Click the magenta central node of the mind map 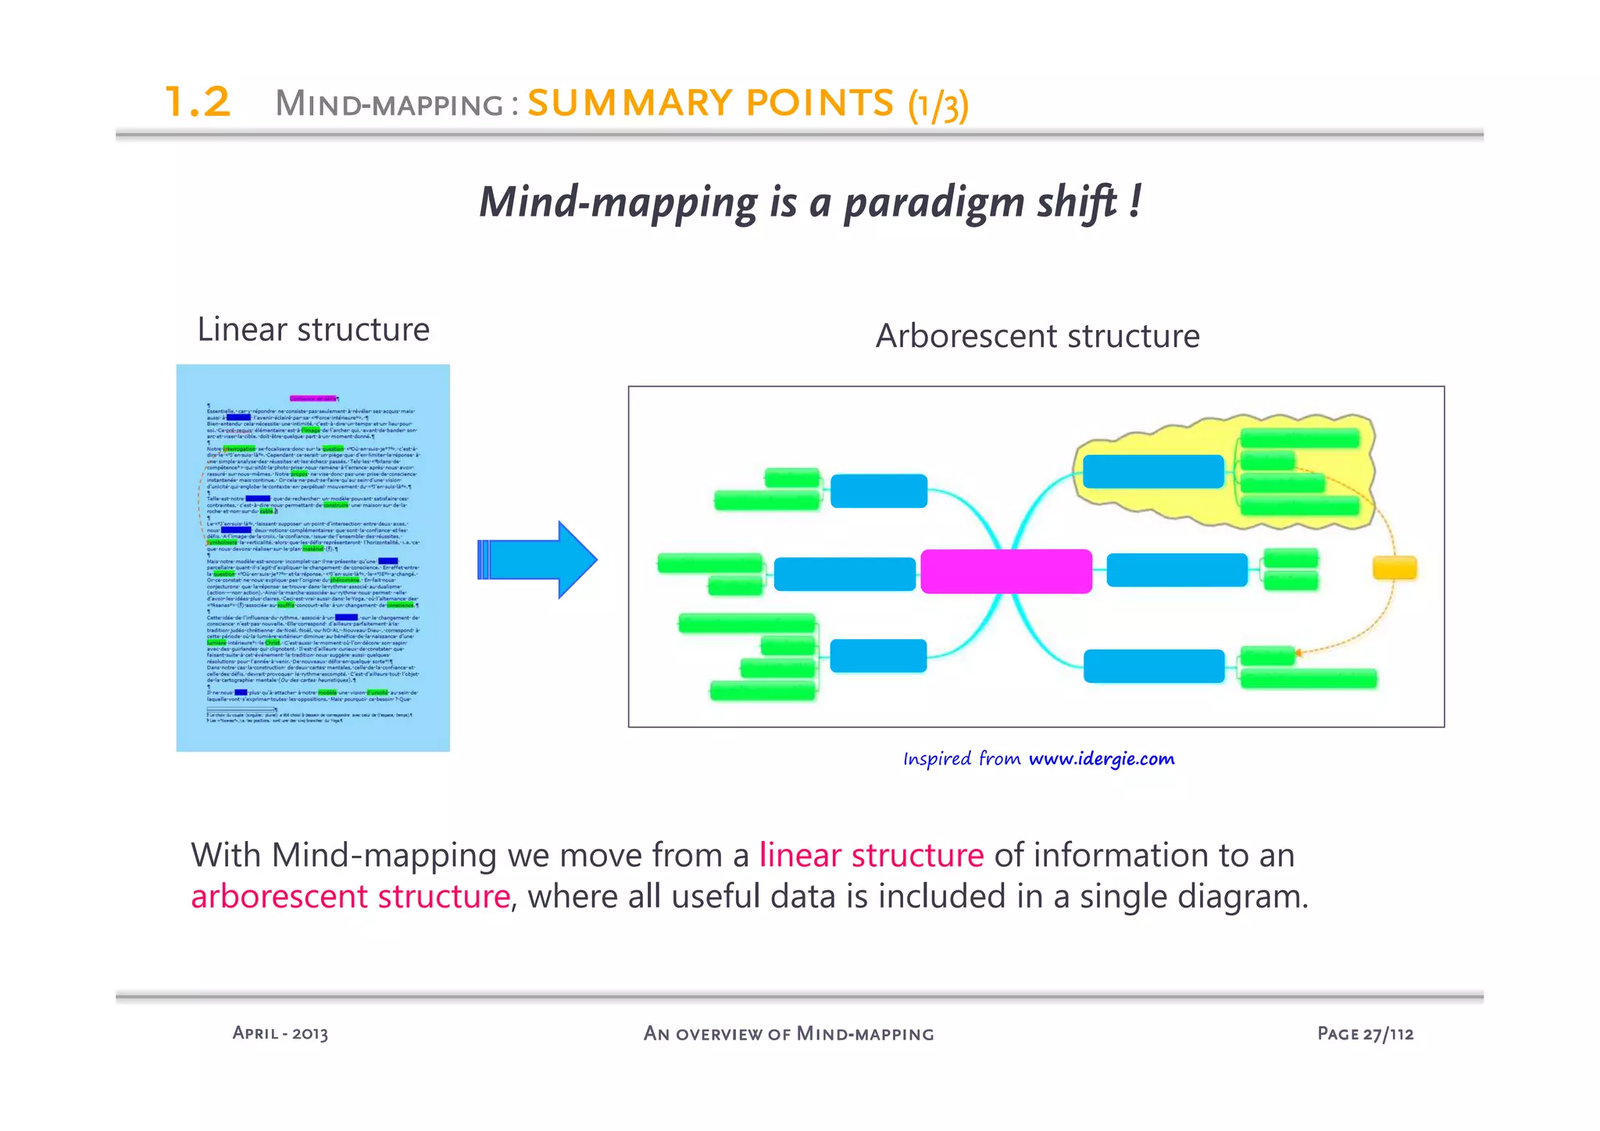(1006, 571)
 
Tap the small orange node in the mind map (1395, 567)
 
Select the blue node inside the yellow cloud (1153, 471)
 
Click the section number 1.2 (198, 102)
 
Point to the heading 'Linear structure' (313, 330)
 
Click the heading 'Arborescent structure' (1037, 336)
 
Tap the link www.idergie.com (1102, 759)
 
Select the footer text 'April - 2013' (280, 1033)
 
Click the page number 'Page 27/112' (1365, 1033)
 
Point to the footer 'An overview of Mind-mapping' (788, 1033)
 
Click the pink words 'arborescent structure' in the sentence (351, 897)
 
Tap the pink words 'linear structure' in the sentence (871, 855)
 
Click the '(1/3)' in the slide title (938, 105)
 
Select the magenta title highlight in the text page (312, 399)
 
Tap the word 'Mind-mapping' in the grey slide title (389, 104)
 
